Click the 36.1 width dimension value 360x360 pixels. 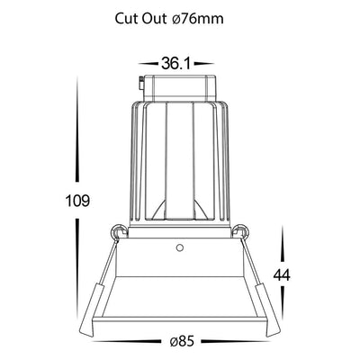175,64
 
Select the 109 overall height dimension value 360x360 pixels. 77,201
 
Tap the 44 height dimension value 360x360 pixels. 282,274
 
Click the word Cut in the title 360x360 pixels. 126,19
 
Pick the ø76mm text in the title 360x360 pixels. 198,19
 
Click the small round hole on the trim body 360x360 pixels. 179,247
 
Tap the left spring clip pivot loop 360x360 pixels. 119,231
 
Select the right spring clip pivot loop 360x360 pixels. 241,231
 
